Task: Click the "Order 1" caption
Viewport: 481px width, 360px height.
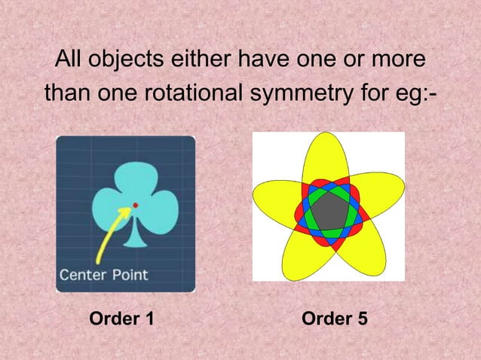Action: pyautogui.click(x=121, y=319)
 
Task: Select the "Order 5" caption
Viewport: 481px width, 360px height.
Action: pyautogui.click(x=335, y=319)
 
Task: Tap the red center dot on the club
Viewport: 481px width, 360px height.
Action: pyautogui.click(x=134, y=205)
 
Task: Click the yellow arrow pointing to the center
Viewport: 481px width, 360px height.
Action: pyautogui.click(x=110, y=235)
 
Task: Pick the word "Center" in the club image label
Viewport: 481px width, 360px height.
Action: pyautogui.click(x=84, y=274)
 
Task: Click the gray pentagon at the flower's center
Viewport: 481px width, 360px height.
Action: pyautogui.click(x=329, y=211)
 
